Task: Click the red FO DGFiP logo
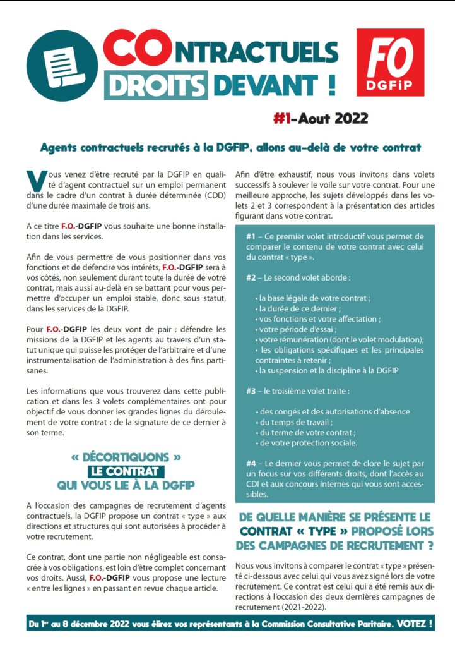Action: tap(389, 62)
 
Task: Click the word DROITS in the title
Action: tap(156, 84)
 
